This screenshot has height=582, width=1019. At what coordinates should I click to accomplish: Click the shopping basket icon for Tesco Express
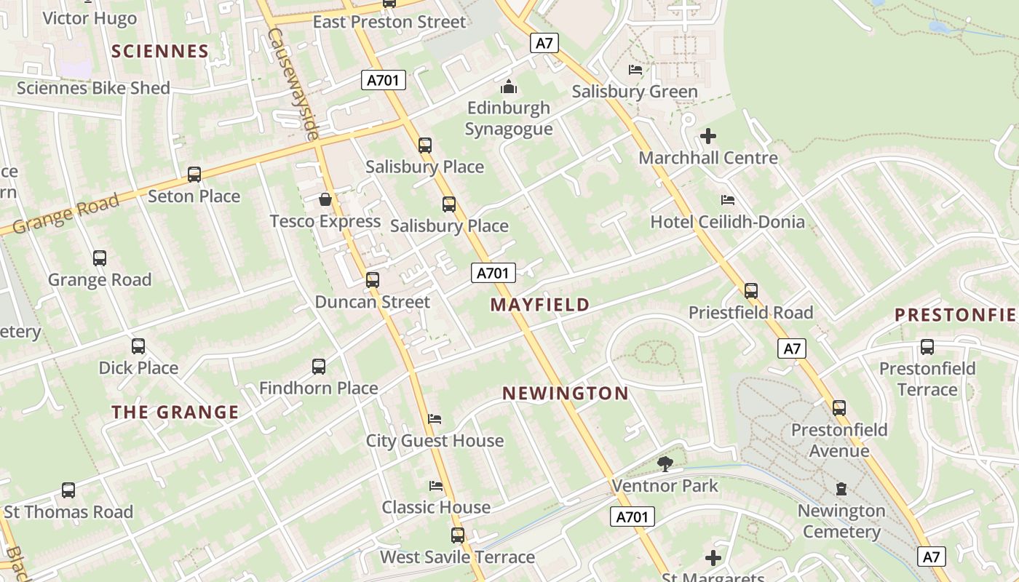(325, 199)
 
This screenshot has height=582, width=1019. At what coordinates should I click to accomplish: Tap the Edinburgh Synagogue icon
(509, 87)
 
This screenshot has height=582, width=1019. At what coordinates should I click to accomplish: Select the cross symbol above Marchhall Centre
(707, 136)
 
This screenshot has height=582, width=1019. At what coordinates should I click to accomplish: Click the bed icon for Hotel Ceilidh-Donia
(727, 200)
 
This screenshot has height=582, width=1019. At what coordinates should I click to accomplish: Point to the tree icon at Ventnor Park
(665, 463)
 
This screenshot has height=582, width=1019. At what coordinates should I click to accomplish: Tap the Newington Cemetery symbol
(841, 489)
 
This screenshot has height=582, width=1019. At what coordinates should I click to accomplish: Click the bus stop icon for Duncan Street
(373, 280)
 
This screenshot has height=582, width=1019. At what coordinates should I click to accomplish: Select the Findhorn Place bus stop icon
(319, 367)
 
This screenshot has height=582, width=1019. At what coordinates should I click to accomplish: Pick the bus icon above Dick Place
(138, 346)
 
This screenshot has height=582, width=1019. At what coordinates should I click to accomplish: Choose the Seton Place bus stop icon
(194, 175)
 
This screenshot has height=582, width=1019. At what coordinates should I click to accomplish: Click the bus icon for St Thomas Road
(68, 490)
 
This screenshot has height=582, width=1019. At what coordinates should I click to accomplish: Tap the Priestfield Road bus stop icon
(751, 291)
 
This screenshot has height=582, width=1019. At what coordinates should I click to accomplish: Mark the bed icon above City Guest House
(435, 419)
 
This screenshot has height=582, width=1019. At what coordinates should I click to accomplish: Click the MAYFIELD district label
(539, 305)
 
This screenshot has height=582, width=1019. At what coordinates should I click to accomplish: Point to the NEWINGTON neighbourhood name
(566, 394)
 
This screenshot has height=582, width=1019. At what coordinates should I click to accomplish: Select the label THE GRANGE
(175, 412)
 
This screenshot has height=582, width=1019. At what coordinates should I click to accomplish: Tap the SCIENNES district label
(160, 51)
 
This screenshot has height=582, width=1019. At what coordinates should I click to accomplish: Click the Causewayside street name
(293, 84)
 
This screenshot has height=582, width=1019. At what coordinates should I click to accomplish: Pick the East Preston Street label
(389, 22)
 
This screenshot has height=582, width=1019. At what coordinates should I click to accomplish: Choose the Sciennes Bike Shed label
(93, 88)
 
